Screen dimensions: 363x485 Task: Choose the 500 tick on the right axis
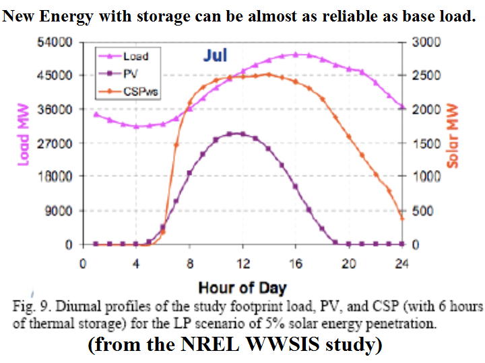[x=422, y=210]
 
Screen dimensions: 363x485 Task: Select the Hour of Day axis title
[x=243, y=288]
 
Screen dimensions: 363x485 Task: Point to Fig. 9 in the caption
[x=30, y=307]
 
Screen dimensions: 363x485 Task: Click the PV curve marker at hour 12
[x=243, y=134]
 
